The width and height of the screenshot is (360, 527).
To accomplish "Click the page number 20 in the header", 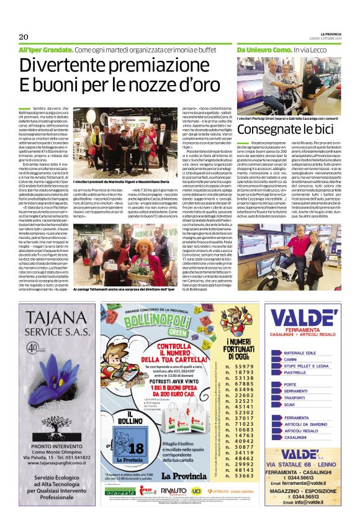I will point(24,37).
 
